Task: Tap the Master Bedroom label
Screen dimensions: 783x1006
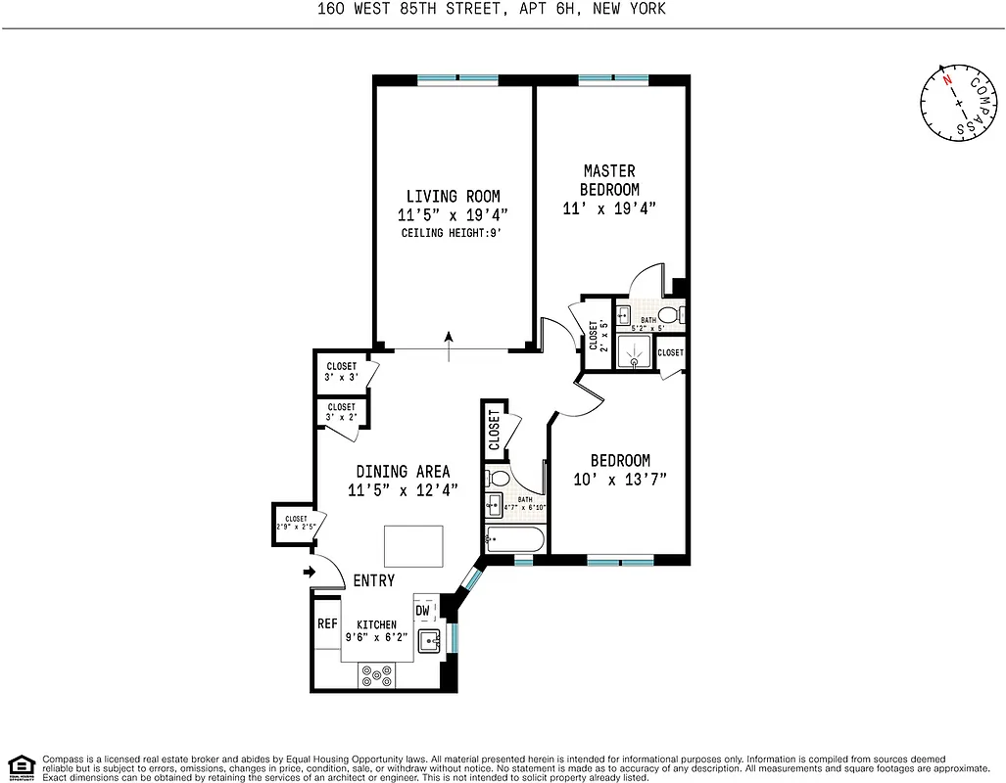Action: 609,180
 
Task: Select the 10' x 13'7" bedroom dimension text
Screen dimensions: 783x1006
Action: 619,480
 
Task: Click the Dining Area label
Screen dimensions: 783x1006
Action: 403,471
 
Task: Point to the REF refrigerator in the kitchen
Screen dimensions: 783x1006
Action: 327,623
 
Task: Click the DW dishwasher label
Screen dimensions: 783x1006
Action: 423,611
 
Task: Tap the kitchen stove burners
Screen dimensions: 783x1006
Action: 377,673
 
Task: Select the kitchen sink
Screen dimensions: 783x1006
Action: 429,641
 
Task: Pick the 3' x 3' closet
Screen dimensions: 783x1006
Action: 340,372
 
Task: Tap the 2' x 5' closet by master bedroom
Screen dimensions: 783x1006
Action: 595,334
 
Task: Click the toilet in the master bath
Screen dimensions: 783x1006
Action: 670,315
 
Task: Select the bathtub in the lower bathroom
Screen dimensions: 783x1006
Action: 515,538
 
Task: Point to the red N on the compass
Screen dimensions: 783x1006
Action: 947,81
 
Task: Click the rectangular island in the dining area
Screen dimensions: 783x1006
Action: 413,545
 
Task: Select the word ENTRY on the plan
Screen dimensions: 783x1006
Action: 373,580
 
